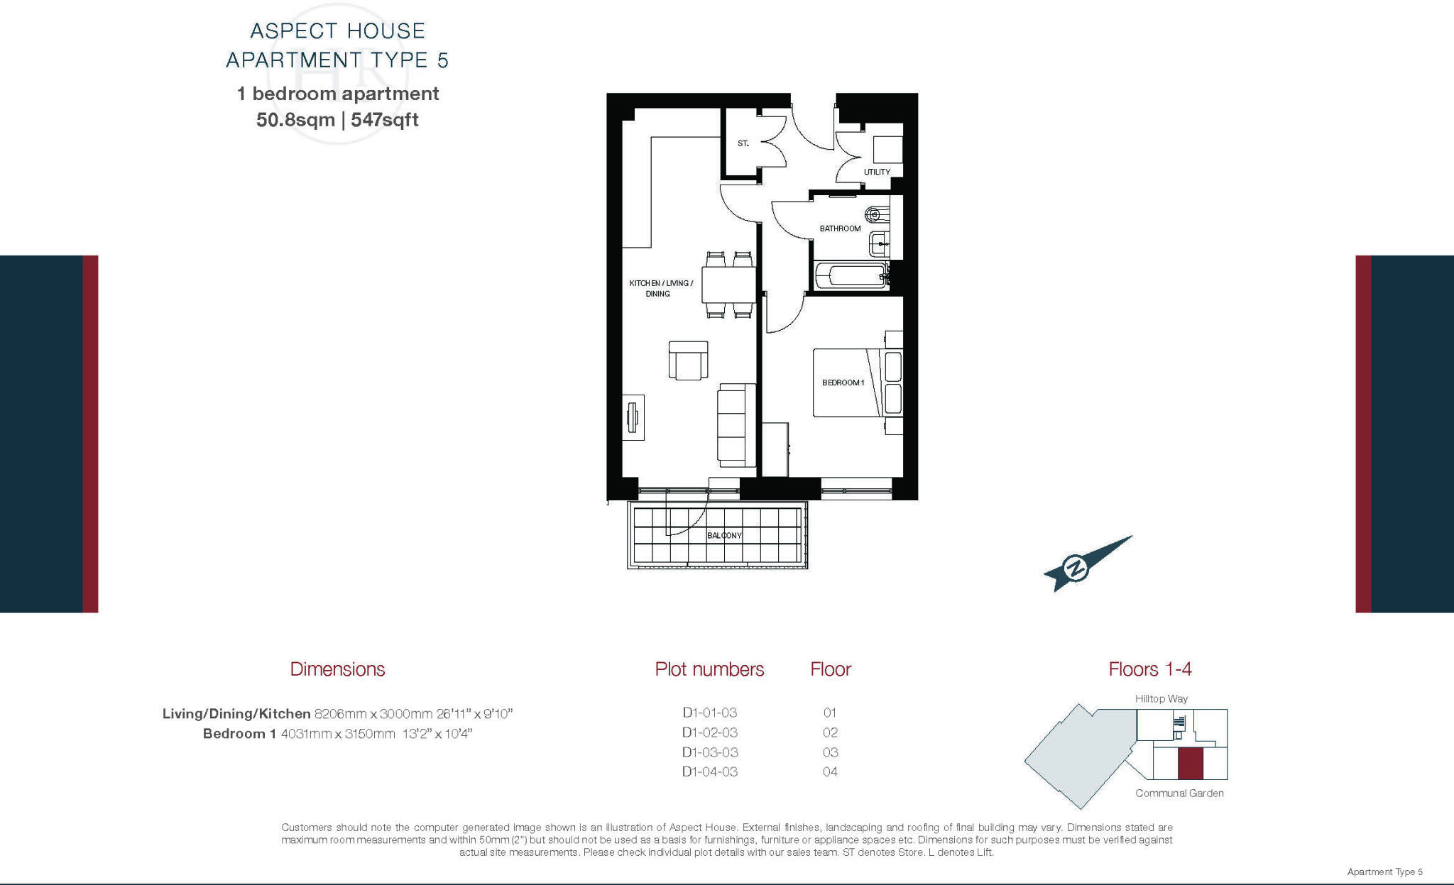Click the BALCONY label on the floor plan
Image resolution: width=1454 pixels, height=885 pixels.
724,535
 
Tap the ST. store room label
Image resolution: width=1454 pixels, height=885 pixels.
743,143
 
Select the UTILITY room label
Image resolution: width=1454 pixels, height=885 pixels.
877,172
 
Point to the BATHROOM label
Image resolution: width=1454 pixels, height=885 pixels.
840,229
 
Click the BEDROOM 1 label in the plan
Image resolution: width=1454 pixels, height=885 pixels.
843,383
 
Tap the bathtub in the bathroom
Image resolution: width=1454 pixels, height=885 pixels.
851,275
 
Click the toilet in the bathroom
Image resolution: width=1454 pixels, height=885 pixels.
875,214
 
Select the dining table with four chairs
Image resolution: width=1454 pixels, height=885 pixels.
728,285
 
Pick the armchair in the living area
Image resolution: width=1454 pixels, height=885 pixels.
688,361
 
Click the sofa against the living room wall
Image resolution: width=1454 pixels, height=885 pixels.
736,425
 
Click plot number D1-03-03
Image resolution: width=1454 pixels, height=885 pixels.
709,752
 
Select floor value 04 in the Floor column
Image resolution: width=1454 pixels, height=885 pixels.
830,772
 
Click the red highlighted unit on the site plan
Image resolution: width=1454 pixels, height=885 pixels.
1190,764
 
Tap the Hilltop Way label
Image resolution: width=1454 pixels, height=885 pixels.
1161,699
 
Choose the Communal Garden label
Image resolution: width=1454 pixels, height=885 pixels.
1179,793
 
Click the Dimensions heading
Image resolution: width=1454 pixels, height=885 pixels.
337,669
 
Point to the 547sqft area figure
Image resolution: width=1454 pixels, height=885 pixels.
385,120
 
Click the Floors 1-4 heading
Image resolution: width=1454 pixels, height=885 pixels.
1149,669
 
